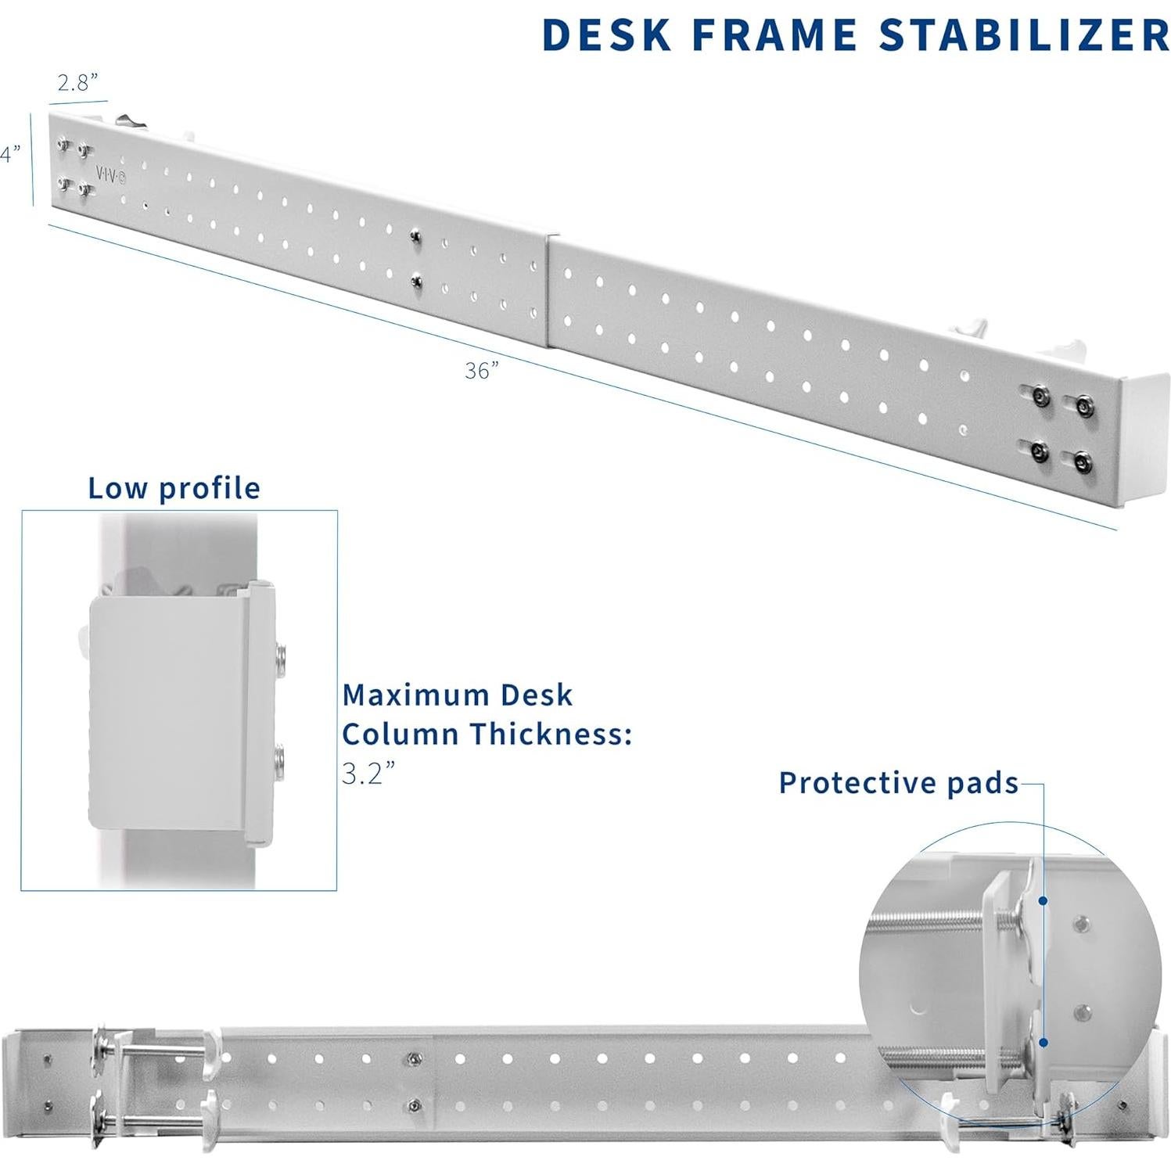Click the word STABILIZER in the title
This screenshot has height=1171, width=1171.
tap(1024, 35)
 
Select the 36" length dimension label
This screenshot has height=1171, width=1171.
tap(482, 370)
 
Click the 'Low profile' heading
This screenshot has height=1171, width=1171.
tap(174, 488)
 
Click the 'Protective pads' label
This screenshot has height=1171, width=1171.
tap(899, 782)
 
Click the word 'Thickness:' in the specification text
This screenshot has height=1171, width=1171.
tap(551, 734)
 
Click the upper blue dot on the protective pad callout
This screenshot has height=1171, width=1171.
tap(1043, 901)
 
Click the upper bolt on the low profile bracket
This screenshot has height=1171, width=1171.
tap(281, 656)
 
